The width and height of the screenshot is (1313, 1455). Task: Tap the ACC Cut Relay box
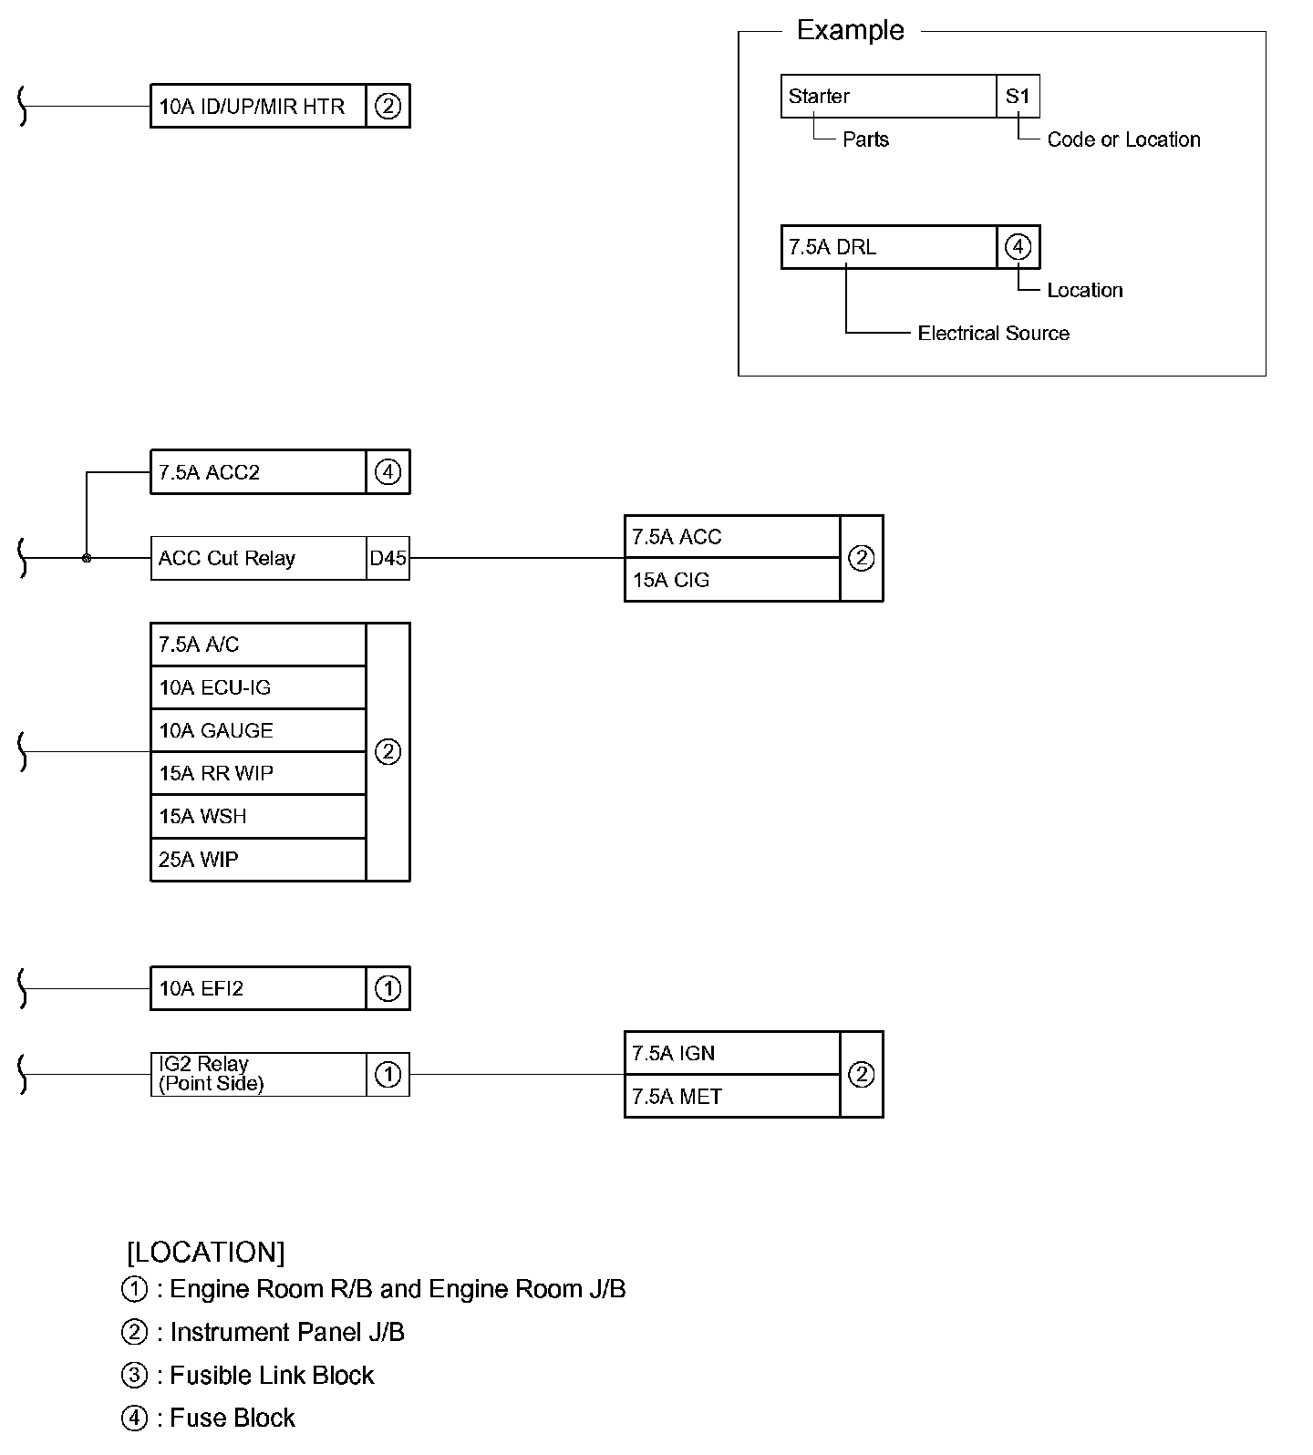click(258, 558)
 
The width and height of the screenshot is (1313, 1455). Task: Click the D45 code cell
click(388, 558)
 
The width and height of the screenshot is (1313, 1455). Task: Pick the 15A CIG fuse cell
click(732, 580)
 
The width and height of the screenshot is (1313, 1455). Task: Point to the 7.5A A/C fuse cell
click(258, 645)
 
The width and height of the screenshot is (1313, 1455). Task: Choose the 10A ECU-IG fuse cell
click(258, 687)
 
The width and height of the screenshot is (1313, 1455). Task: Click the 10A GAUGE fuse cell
click(258, 730)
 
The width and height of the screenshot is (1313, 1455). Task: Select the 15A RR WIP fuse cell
click(258, 773)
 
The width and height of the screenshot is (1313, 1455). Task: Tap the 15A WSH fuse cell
click(258, 816)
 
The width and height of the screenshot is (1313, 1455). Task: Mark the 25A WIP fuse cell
click(258, 859)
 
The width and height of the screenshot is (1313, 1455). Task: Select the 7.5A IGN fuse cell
click(732, 1053)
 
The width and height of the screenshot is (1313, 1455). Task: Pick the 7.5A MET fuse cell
click(732, 1096)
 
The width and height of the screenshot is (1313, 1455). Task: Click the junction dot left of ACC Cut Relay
click(87, 558)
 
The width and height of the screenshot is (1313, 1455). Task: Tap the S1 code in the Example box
click(1018, 96)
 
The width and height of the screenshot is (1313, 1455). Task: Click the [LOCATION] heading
click(206, 1252)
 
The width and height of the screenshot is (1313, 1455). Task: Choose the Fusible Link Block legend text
click(272, 1375)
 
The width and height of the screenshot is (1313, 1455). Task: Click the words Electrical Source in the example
click(993, 334)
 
